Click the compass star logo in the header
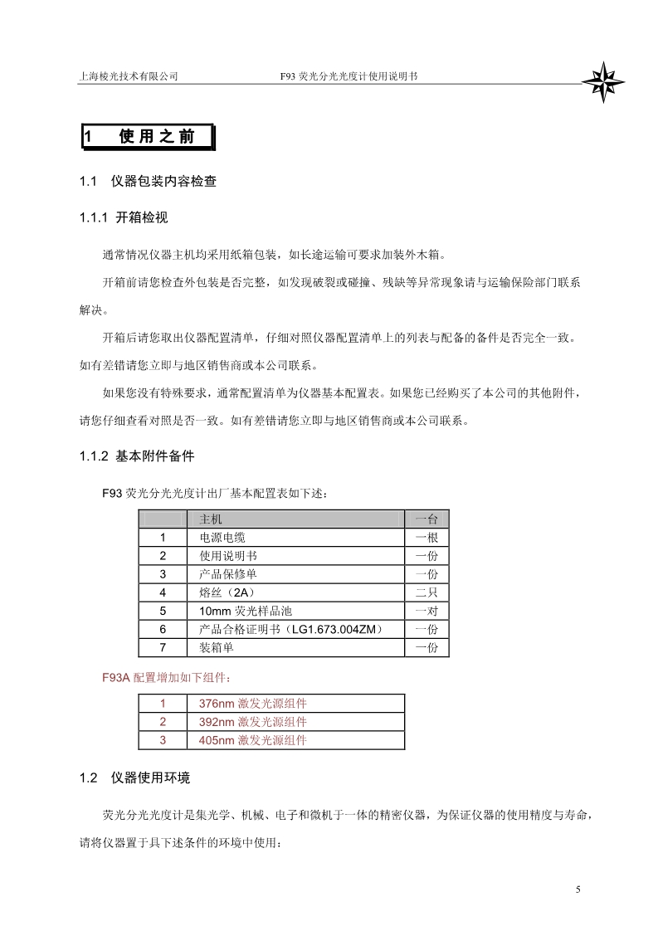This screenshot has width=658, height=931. [602, 80]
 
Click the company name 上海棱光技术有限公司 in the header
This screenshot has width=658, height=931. [129, 76]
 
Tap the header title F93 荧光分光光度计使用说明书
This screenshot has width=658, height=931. [349, 76]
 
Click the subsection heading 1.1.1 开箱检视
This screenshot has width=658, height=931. [124, 218]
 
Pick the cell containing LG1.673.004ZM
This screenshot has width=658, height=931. [290, 629]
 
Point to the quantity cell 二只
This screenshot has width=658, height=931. [426, 592]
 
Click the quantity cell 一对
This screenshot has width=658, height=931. [426, 611]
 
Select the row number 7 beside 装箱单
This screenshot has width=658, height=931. [163, 647]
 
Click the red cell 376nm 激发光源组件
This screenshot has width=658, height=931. [252, 704]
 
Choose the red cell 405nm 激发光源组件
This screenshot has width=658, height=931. [252, 740]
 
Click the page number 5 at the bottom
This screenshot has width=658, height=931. [578, 890]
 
